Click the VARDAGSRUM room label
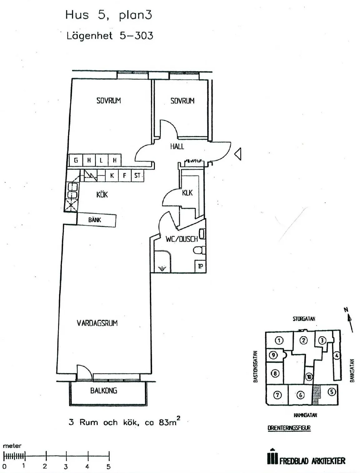tap(97, 323)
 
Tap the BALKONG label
tap(104, 391)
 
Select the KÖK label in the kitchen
tap(102, 195)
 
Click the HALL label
tap(177, 146)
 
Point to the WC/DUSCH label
tap(181, 239)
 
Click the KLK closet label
tap(187, 193)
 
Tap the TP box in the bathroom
tap(200, 266)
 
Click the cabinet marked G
tap(76, 160)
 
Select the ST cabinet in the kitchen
tap(137, 175)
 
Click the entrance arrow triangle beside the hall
tap(238, 154)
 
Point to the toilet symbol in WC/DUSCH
tap(199, 250)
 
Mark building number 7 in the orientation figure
tap(277, 395)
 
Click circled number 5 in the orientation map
tap(331, 391)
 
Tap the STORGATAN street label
tap(304, 319)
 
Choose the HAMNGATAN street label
tap(305, 415)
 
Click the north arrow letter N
tap(346, 310)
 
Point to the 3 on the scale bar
tap(66, 467)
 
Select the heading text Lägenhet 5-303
tap(110, 36)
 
